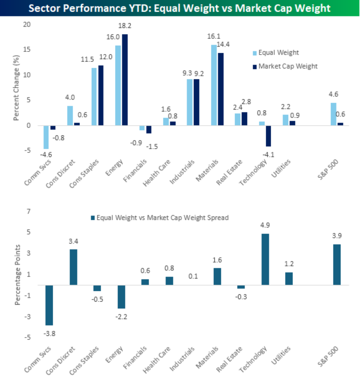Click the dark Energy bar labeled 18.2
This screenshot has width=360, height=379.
pos(125,80)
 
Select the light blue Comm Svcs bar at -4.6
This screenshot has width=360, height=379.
pos(46,137)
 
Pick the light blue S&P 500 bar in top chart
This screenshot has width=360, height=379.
pos(333,114)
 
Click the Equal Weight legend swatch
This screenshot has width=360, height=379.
pos(255,53)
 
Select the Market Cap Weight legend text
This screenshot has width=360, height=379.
pos(288,66)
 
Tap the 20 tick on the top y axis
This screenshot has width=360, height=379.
pos(27,25)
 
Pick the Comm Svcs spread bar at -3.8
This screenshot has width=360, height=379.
pos(49,305)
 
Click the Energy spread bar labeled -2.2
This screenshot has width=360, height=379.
pos(122,297)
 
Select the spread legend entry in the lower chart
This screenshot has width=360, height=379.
pos(160,217)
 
